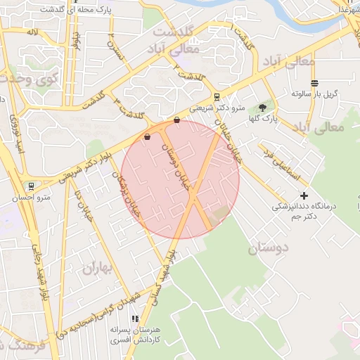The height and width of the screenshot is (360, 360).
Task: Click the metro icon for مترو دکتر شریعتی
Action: click(217, 97)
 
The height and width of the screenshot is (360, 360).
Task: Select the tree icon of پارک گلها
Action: click(262, 108)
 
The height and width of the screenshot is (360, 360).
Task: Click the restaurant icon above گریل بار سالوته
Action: click(314, 83)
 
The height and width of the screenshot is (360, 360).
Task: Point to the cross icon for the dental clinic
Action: click(304, 195)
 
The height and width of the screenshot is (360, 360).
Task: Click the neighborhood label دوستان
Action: click(269, 247)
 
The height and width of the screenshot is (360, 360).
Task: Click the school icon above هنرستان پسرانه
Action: click(134, 319)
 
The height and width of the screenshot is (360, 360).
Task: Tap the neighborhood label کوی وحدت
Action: click(31, 81)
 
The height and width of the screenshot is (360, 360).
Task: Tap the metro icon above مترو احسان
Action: click(31, 186)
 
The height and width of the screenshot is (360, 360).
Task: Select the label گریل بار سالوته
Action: click(316, 94)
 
